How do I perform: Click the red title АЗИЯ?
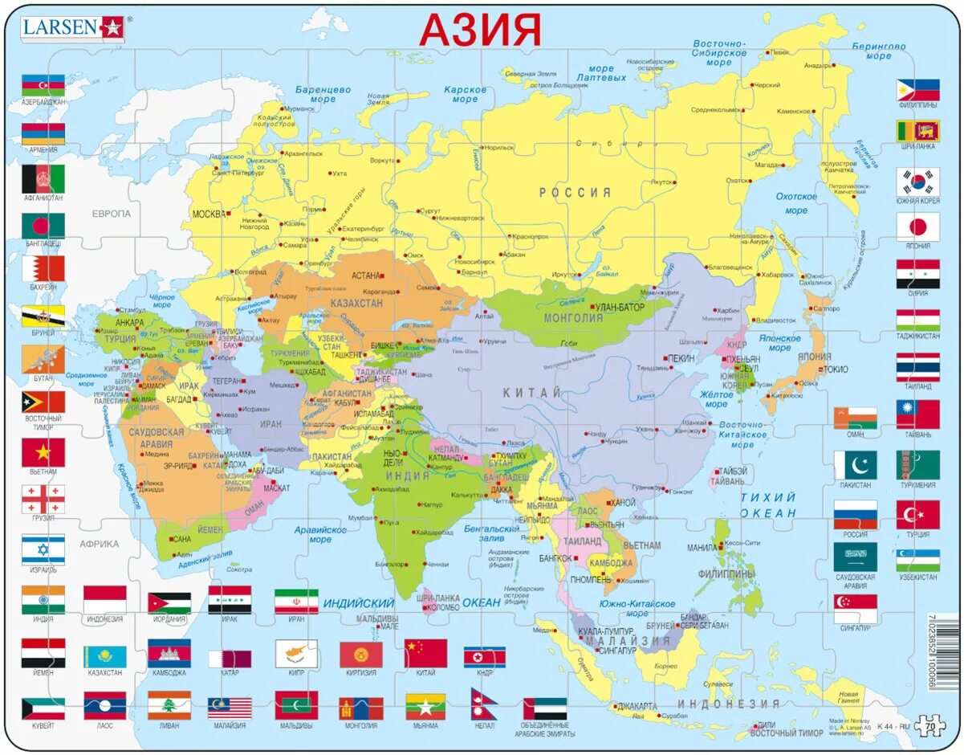480,31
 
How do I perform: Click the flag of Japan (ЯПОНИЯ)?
917,226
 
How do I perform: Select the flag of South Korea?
917,182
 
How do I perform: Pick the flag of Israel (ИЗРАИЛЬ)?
43,549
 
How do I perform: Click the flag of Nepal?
483,704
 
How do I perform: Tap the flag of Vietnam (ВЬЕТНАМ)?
43,452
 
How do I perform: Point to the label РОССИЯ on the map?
574,193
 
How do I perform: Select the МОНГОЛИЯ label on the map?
573,318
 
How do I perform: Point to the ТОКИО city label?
835,369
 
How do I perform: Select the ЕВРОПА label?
111,214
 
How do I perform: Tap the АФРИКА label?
99,544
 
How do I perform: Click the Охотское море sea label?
795,203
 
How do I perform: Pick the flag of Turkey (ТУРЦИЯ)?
917,515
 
